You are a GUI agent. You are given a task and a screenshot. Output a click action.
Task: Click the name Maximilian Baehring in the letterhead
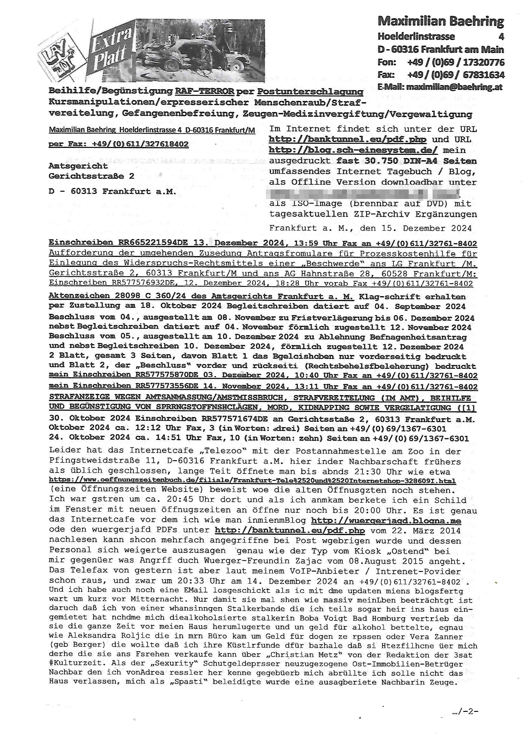click(x=441, y=22)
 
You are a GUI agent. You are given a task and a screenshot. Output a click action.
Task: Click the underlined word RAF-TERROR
click(x=205, y=91)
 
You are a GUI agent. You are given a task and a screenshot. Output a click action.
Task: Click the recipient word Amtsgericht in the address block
click(x=78, y=166)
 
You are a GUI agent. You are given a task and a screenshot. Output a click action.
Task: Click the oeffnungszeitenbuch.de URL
click(x=252, y=481)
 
